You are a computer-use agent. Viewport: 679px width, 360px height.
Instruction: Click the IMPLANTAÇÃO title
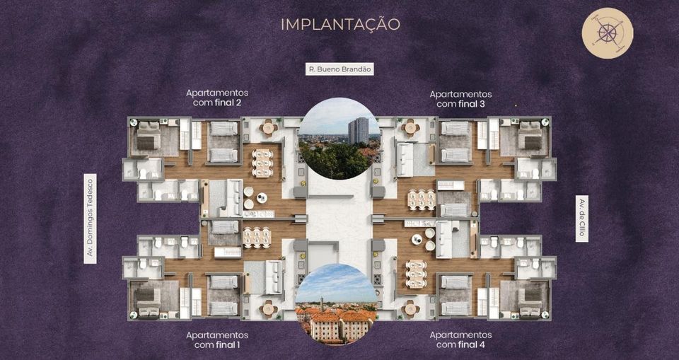(x=340, y=24)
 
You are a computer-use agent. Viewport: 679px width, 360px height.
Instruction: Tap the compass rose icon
(x=607, y=33)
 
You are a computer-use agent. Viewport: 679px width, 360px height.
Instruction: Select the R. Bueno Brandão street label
(x=339, y=69)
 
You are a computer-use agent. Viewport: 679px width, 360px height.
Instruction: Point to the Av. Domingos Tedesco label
(x=90, y=219)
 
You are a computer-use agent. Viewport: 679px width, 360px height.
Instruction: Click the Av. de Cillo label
(x=582, y=219)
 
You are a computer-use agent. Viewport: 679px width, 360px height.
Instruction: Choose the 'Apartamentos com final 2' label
(x=217, y=98)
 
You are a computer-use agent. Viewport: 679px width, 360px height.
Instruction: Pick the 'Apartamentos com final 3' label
(x=460, y=99)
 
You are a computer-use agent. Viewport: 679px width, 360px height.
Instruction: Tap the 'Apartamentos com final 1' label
(x=217, y=340)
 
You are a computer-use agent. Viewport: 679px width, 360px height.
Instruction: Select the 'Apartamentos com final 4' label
(x=460, y=340)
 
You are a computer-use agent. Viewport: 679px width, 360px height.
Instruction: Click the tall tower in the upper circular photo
(x=359, y=130)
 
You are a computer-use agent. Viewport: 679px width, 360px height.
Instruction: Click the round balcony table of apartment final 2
(x=268, y=128)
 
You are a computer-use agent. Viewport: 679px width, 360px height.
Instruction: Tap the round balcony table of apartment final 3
(x=410, y=128)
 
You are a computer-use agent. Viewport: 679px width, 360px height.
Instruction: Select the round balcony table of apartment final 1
(x=268, y=309)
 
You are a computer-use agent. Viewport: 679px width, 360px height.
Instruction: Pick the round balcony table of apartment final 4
(x=410, y=309)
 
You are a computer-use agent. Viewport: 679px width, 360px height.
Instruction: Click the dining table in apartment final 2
(x=262, y=163)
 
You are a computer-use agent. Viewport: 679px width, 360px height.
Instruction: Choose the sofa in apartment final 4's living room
(x=444, y=240)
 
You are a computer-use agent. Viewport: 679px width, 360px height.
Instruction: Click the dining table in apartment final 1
(x=257, y=238)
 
